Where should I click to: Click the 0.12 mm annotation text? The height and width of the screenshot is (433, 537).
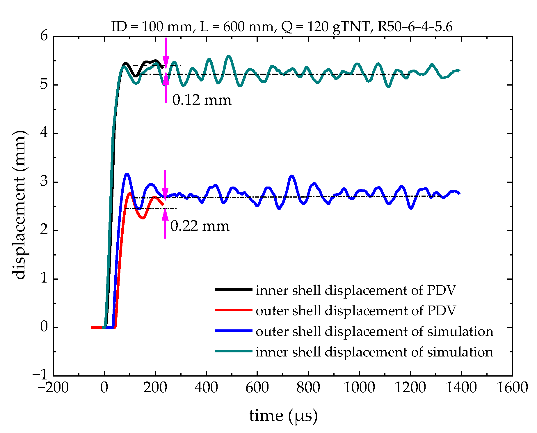point(202,100)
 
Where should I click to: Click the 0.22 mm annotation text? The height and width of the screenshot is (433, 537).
point(200,226)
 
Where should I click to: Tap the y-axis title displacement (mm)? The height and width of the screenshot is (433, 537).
point(20,205)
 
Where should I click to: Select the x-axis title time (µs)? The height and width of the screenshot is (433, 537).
point(283,416)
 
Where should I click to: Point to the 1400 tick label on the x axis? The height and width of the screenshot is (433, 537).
point(461,388)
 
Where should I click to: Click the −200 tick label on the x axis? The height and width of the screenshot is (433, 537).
point(53,388)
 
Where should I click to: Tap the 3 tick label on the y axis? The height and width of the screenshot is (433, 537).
point(44,182)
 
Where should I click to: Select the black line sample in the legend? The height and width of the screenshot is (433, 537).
point(233,289)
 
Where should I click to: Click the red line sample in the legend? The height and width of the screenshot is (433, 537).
point(233,310)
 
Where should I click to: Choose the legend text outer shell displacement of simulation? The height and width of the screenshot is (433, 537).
point(374,331)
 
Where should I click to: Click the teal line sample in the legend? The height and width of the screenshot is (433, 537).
point(233,351)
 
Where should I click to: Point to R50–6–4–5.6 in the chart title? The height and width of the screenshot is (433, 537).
point(415,27)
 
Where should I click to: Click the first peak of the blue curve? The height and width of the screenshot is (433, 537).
point(127,174)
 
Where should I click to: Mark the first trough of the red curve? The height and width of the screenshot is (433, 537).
point(143,218)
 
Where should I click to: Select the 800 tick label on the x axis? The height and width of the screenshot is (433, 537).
point(308,388)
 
